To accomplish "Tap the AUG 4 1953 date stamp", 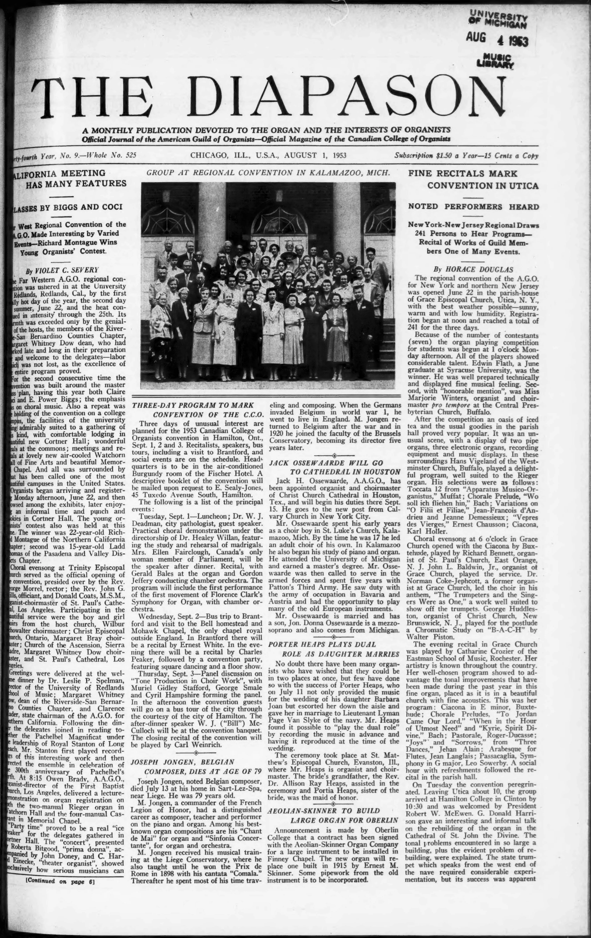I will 497,39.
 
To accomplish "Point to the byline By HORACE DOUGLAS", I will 473,269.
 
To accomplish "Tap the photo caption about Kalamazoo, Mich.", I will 268,173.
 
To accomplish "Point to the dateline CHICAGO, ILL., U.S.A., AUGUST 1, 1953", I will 268,155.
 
